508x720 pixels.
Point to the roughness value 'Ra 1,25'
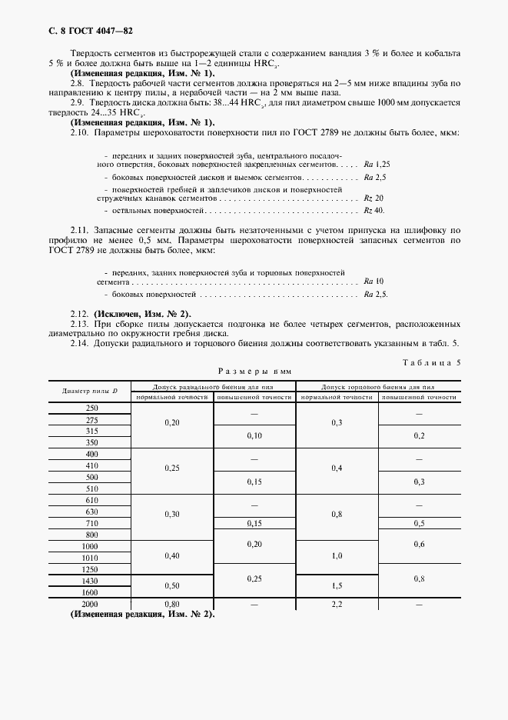(x=377, y=165)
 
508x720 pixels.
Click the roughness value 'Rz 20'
(x=373, y=198)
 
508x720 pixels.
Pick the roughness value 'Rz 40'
(x=374, y=210)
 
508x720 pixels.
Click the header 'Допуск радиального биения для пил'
(x=214, y=386)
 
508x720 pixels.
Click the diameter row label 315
(x=91, y=431)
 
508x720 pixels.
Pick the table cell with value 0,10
(x=254, y=436)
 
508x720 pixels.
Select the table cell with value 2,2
(x=336, y=604)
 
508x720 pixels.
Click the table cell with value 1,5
(x=336, y=585)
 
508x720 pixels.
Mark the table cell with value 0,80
(x=172, y=604)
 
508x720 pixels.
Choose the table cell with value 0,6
(x=419, y=544)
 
